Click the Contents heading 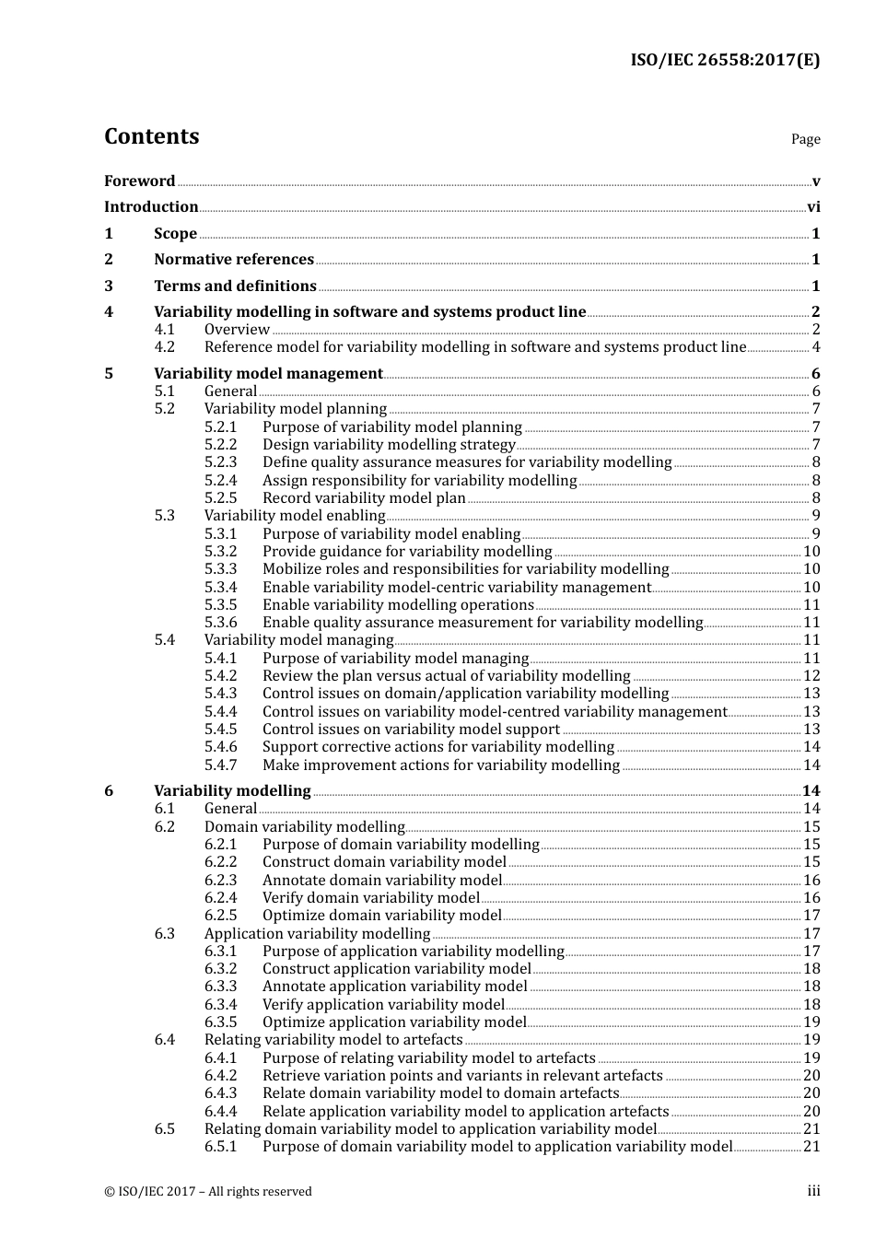pyautogui.click(x=151, y=136)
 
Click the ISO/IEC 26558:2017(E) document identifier pyautogui.click(x=724, y=61)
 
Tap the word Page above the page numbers pyautogui.click(x=805, y=139)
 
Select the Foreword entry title pyautogui.click(x=139, y=181)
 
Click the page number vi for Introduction pyautogui.click(x=812, y=207)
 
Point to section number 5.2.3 pyautogui.click(x=221, y=462)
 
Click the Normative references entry pyautogui.click(x=234, y=260)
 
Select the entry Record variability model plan pyautogui.click(x=364, y=498)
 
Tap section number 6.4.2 pyautogui.click(x=221, y=1076)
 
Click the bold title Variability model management pyautogui.click(x=268, y=374)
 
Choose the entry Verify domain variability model pyautogui.click(x=371, y=898)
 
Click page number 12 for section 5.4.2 pyautogui.click(x=811, y=676)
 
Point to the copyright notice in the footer pyautogui.click(x=208, y=1192)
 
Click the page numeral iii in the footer pyautogui.click(x=813, y=1191)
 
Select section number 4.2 pyautogui.click(x=164, y=347)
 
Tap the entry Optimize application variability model pyautogui.click(x=394, y=1022)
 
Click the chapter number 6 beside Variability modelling pyautogui.click(x=109, y=791)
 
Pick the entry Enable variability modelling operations pyautogui.click(x=398, y=605)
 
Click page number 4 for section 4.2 pyautogui.click(x=815, y=347)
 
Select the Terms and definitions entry pyautogui.click(x=235, y=286)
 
